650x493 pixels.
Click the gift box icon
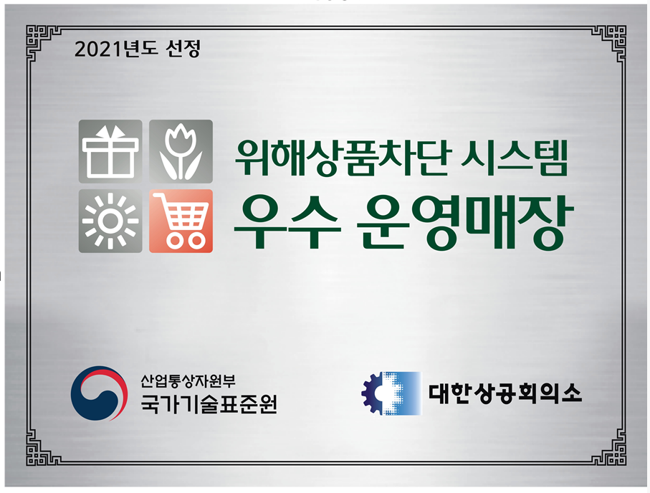tap(110, 151)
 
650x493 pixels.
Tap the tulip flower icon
tap(181, 151)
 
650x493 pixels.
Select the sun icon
tap(110, 221)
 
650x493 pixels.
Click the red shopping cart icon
tap(181, 221)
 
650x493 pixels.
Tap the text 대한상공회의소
tap(505, 393)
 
